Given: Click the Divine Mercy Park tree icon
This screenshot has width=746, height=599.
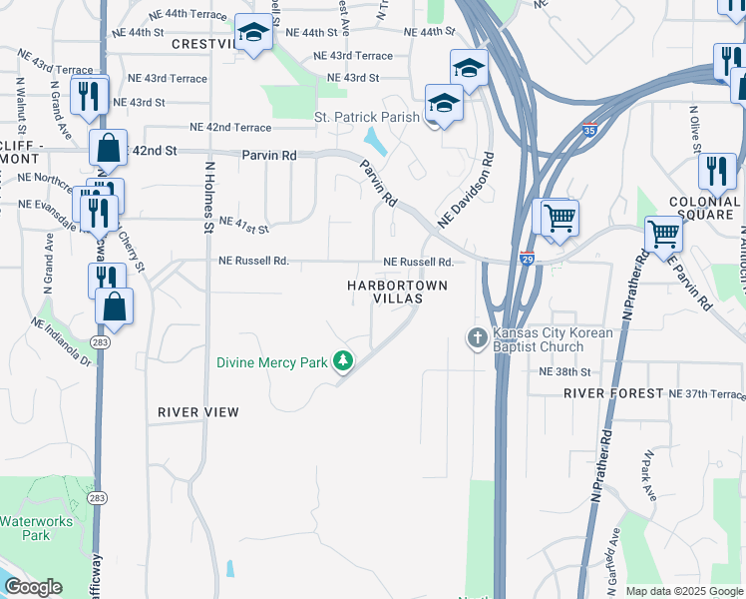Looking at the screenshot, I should [x=344, y=360].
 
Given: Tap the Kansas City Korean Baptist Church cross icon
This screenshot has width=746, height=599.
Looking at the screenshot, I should [x=477, y=338].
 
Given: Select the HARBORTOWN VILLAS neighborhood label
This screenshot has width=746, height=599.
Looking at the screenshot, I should [x=398, y=292].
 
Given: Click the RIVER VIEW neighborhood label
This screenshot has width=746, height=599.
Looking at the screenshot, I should [x=197, y=411].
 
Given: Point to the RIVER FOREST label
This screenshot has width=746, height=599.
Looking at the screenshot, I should [x=613, y=393].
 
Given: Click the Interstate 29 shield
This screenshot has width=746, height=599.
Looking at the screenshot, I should [x=527, y=259].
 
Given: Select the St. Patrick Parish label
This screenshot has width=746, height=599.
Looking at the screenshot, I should [x=367, y=117].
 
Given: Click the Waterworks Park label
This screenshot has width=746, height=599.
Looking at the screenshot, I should [x=25, y=528].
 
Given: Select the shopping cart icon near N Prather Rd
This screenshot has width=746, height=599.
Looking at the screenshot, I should [x=664, y=236].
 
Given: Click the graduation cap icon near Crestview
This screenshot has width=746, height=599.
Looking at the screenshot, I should [x=253, y=36].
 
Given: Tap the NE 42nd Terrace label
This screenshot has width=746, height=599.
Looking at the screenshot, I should [x=229, y=128].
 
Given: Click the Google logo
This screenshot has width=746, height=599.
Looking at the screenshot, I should [x=33, y=587].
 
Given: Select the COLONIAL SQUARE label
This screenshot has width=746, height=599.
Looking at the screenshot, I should [x=705, y=207].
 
